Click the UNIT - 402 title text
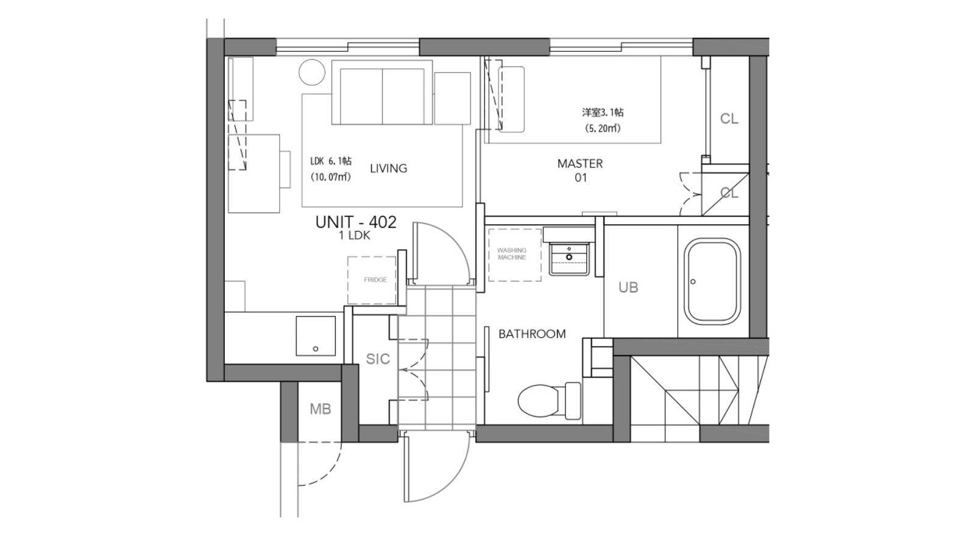point(356,222)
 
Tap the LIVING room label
point(389,168)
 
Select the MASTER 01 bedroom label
point(580,171)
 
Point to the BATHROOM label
point(532,334)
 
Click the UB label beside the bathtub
point(628,287)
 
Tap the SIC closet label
point(378,359)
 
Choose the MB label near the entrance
point(321,409)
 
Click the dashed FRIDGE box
point(372,280)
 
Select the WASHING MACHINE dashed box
point(515,255)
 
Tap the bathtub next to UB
point(712,281)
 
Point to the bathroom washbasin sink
point(569,259)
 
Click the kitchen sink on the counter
point(316,336)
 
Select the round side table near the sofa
point(312,72)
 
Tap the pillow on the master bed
point(511,99)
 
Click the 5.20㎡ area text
point(603,129)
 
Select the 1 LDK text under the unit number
point(355,235)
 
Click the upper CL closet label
point(729,118)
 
